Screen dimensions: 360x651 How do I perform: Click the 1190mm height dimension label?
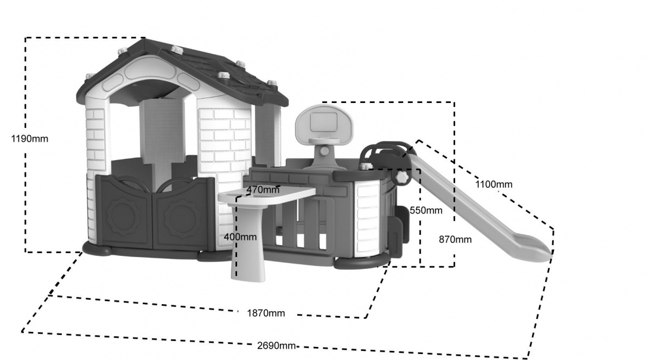pos(30,139)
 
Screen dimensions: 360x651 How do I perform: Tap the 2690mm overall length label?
pos(277,346)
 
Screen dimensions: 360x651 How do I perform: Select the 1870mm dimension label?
pos(266,313)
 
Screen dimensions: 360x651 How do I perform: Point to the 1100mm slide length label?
pos(494,184)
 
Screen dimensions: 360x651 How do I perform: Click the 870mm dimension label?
pos(455,240)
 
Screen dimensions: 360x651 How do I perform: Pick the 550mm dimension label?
pos(426,210)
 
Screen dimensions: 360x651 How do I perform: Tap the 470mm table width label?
pos(263,190)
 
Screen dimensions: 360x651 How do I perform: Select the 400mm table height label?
pos(240,237)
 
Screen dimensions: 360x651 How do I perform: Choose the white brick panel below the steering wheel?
pos(368,217)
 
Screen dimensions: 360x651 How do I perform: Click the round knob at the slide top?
pos(402,177)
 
